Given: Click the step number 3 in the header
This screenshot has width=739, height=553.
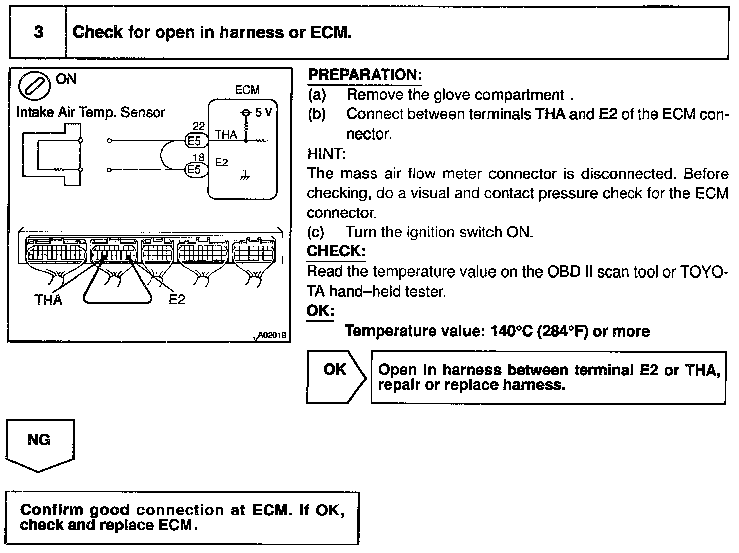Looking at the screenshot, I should [x=38, y=33].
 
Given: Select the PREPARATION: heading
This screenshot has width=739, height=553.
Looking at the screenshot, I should [x=364, y=75].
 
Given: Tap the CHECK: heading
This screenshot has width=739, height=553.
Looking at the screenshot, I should [x=336, y=251].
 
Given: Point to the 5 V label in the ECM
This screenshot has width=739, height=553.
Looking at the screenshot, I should [x=263, y=112].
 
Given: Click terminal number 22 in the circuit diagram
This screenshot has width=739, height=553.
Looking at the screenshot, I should [x=199, y=127].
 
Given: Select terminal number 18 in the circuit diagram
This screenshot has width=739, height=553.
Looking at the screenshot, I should [x=199, y=157].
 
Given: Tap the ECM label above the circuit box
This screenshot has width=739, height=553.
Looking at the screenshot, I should [x=247, y=90].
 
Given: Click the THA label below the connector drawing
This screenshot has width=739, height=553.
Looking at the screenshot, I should [x=48, y=300].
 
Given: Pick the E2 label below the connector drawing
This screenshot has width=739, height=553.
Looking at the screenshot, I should [x=177, y=300].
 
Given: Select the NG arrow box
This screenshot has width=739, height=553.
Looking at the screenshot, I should [x=40, y=444].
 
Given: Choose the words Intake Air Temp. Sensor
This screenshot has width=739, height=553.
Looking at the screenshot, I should [x=90, y=112].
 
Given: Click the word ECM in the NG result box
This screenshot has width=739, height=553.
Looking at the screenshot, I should [x=175, y=525].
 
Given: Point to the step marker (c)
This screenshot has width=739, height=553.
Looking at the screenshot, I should [x=316, y=232].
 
